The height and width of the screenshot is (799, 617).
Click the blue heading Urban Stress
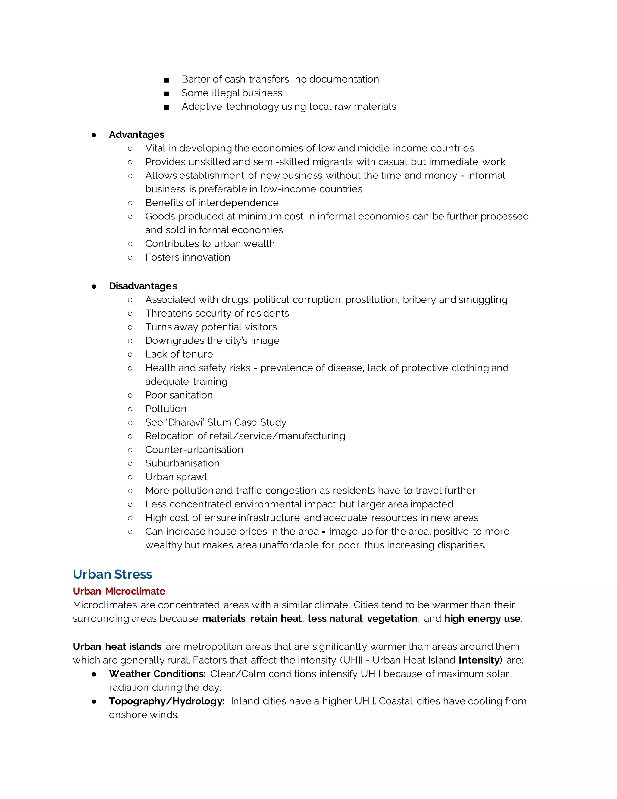[112, 574]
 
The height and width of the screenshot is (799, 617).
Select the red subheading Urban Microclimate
[119, 591]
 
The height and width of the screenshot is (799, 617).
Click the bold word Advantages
[136, 135]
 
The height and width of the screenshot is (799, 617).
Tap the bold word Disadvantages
[143, 286]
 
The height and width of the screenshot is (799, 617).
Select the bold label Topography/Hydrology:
[167, 701]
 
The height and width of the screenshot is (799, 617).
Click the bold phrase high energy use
[482, 619]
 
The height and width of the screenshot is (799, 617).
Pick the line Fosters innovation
[187, 257]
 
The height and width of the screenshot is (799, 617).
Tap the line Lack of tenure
[179, 354]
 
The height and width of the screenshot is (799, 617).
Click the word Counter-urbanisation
[194, 450]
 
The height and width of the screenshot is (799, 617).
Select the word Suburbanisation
[182, 463]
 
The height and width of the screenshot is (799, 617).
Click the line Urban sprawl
[176, 477]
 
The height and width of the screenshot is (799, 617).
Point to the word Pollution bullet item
[166, 409]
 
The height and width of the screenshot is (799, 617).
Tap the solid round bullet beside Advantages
[94, 135]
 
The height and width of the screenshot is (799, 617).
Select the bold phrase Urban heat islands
[117, 646]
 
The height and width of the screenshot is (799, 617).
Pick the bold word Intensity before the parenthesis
[479, 660]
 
